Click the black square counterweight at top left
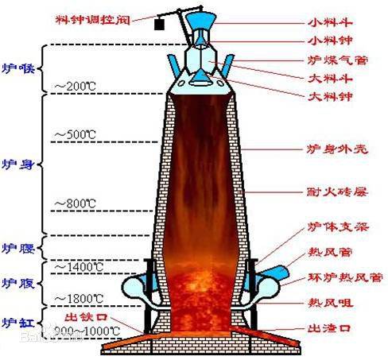click(x=160, y=25)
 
